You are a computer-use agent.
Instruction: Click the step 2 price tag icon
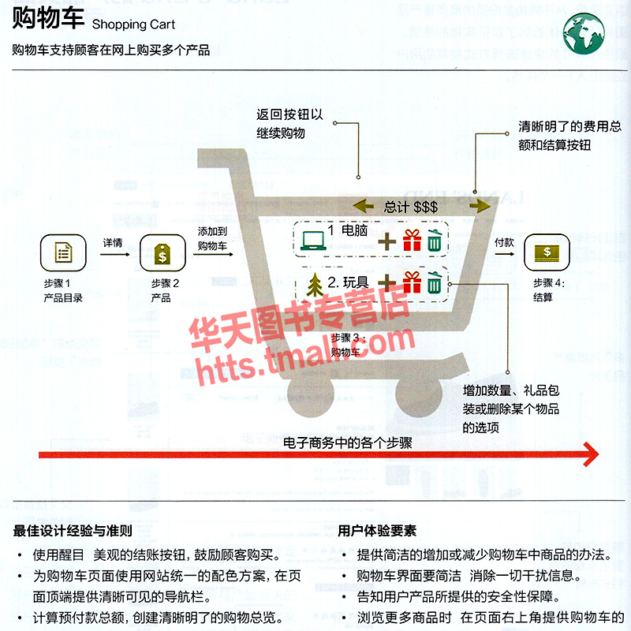point(161,253)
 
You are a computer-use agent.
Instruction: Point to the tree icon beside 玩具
point(314,283)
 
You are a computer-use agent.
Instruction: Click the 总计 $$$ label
point(410,207)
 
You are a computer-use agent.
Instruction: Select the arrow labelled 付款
point(503,255)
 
